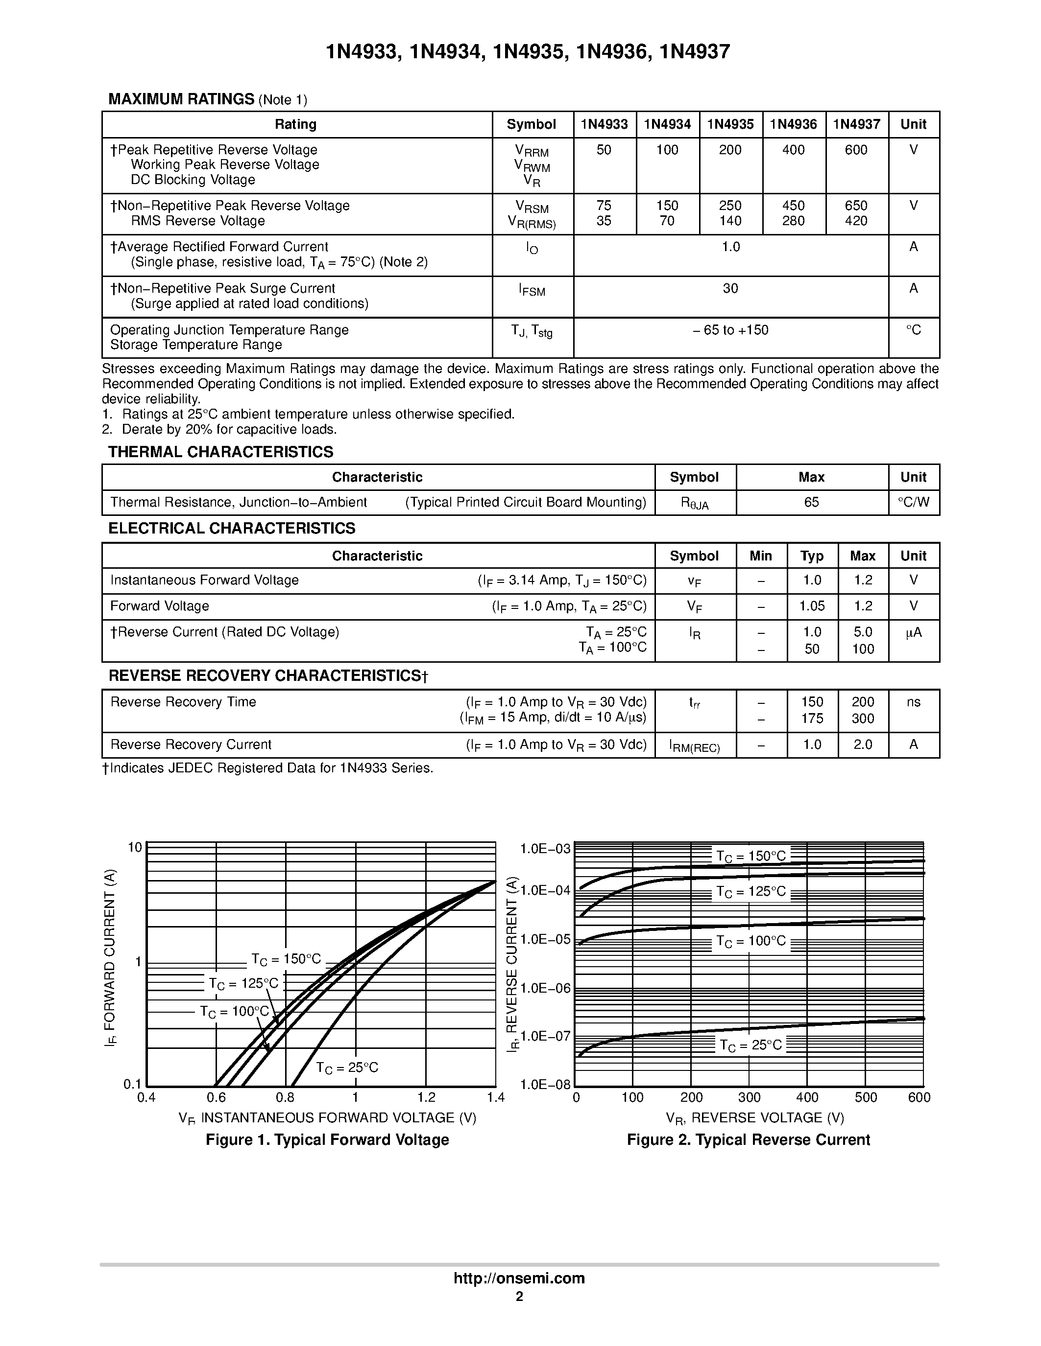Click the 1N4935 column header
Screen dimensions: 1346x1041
730,124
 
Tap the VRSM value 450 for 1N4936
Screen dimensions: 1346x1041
793,205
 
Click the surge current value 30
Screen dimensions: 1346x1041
730,288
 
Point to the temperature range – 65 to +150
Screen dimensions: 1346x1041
730,330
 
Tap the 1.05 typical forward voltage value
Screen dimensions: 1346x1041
812,606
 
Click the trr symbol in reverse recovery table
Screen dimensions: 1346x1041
695,702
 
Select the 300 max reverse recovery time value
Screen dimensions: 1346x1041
863,718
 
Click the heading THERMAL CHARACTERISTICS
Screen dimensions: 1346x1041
221,452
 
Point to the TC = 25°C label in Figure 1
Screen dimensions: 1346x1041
347,1068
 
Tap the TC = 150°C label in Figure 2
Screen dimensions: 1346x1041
750,856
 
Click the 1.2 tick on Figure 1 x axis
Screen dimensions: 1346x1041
426,1098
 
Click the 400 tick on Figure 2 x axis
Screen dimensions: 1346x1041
807,1098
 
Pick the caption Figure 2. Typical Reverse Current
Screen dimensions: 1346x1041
748,1139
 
